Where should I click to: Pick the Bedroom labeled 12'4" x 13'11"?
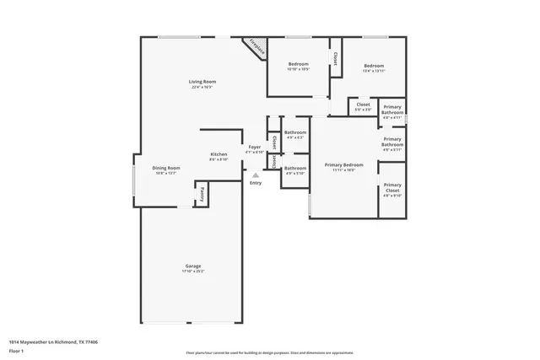point(374,67)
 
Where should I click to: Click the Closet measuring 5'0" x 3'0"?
point(363,106)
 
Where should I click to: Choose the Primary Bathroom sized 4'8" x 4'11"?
point(392,111)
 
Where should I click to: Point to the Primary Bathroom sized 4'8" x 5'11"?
point(392,144)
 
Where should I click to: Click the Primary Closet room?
point(392,189)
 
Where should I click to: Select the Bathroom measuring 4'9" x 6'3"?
point(294,134)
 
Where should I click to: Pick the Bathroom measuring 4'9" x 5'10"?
point(294,169)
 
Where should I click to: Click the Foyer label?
point(254,148)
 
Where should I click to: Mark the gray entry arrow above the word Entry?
point(255,175)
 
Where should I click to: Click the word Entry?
point(255,183)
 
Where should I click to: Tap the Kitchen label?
point(219,155)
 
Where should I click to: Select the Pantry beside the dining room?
point(202,195)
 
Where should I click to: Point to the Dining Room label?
point(165,169)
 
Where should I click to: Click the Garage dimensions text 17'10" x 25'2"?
point(193,272)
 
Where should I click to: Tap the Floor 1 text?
point(16,352)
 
